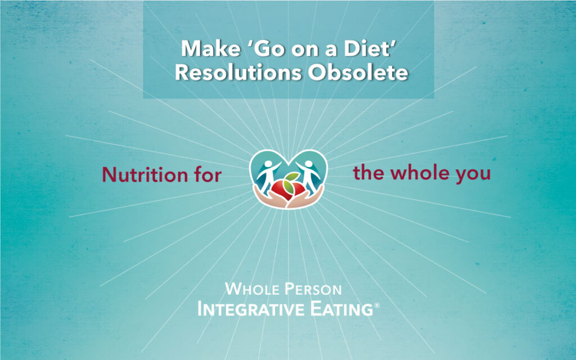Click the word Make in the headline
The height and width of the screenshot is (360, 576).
[210, 48]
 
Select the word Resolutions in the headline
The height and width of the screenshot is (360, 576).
[238, 73]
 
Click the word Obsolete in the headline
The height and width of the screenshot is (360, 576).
[358, 73]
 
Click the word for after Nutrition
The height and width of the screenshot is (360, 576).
[208, 174]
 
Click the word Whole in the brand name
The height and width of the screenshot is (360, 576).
[252, 289]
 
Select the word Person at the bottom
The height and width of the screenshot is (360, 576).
[313, 289]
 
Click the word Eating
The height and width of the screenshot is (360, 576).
[341, 309]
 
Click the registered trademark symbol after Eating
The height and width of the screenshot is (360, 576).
[376, 305]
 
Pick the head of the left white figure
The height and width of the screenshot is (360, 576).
[268, 164]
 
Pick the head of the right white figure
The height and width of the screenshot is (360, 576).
[309, 164]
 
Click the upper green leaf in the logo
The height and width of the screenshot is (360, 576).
[292, 176]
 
